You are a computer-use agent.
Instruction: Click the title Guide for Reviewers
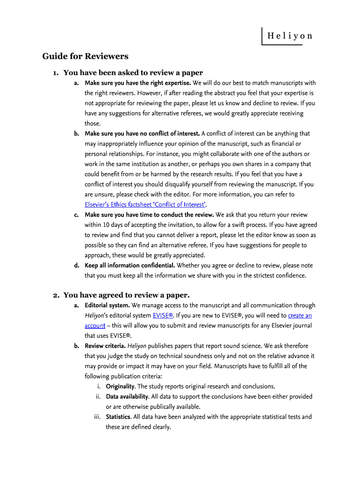coord(85,57)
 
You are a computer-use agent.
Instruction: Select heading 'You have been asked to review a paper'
coord(133,73)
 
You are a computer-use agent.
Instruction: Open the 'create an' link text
coord(300,315)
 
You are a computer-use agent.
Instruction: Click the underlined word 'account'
coord(95,326)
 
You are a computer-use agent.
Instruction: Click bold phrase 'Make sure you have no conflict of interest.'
coord(142,133)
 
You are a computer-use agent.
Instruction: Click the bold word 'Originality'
coord(121,386)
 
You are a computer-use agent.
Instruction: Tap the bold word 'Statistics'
coord(118,417)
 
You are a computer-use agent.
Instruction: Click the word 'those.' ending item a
coord(93,123)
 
